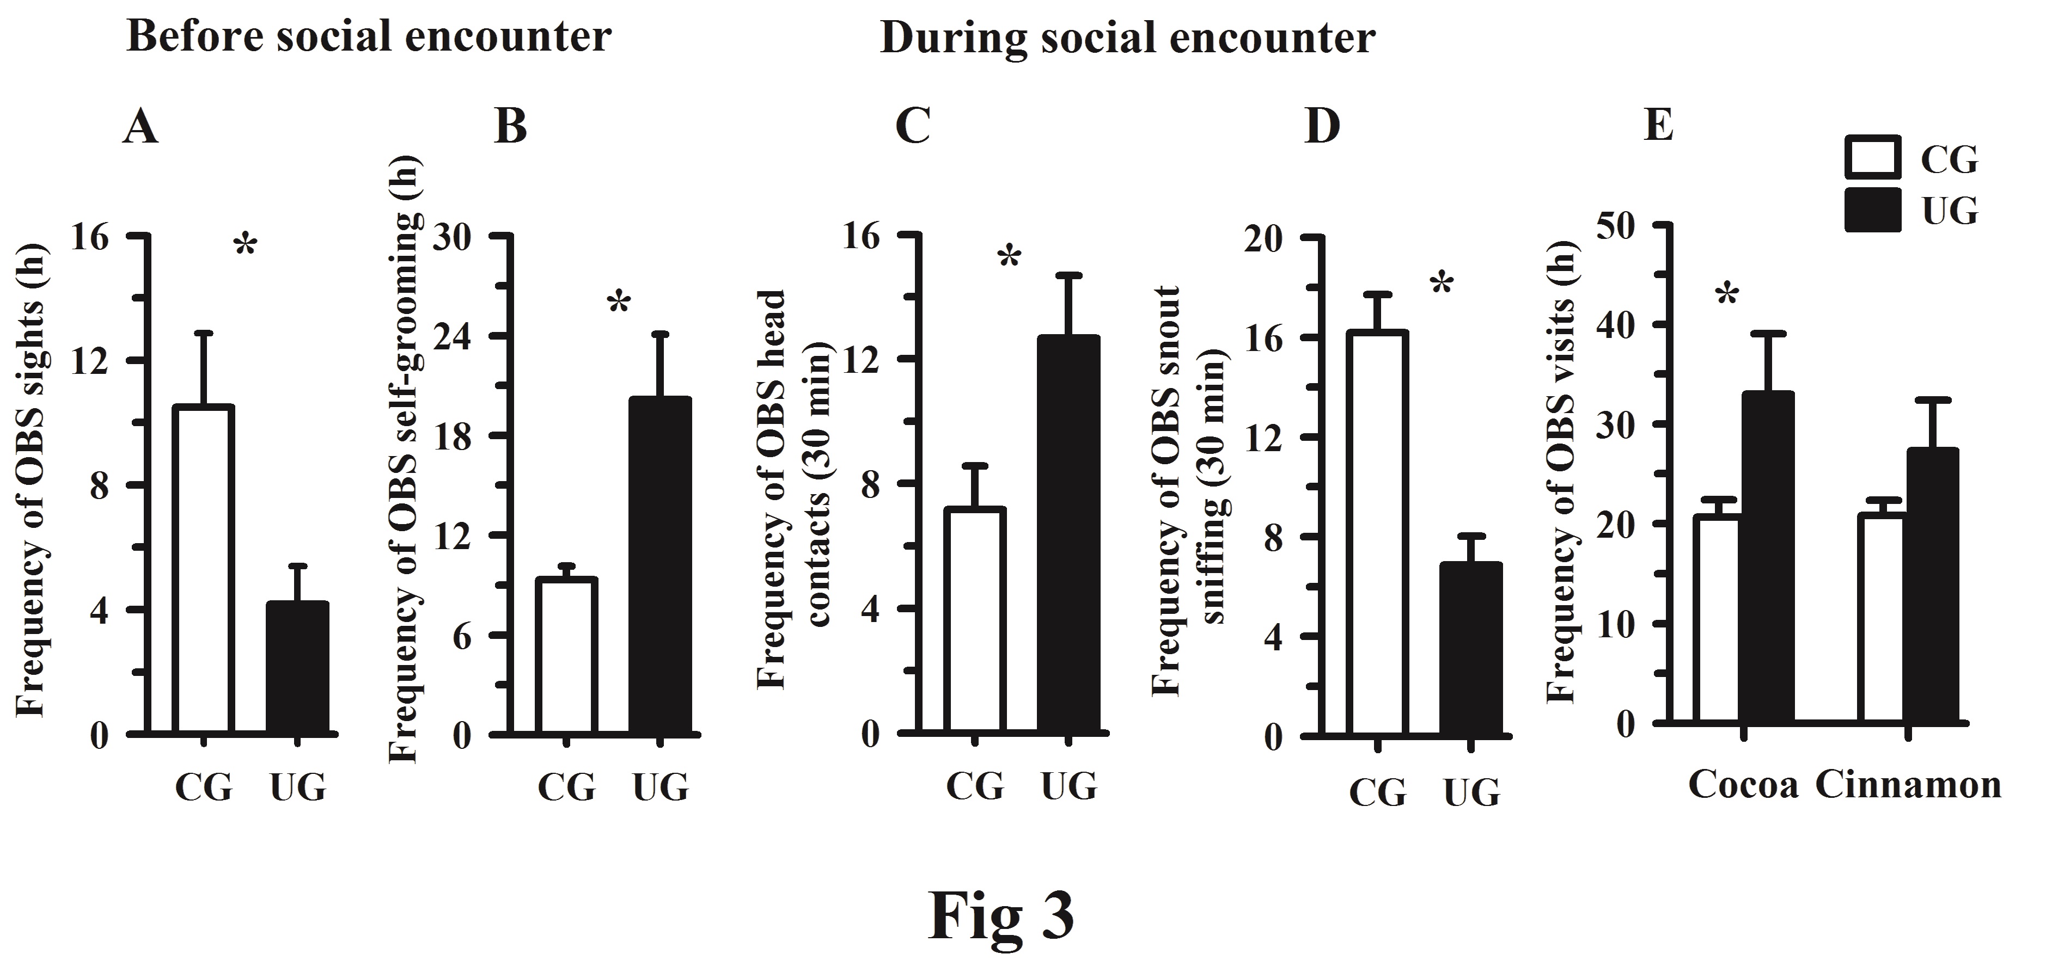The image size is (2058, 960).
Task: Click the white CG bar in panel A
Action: click(x=204, y=569)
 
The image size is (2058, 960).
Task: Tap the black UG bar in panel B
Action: click(x=660, y=565)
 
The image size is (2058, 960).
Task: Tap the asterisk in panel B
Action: click(x=619, y=304)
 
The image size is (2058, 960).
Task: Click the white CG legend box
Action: click(x=1873, y=157)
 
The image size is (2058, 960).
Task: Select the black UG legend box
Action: click(x=1873, y=210)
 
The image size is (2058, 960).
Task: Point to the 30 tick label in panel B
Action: click(x=452, y=237)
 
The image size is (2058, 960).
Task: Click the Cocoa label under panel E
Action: click(x=1743, y=786)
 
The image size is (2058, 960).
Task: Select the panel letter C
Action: click(x=912, y=127)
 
